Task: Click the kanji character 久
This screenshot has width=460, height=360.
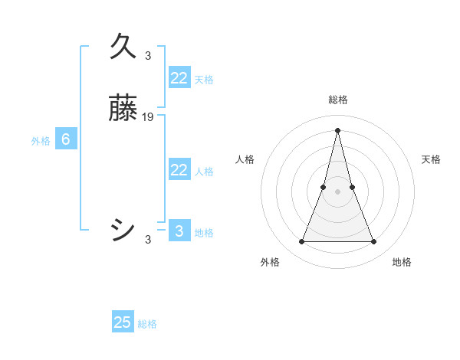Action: (123, 46)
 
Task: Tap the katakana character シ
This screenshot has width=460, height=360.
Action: (123, 229)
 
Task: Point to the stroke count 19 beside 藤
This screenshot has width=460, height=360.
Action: (148, 117)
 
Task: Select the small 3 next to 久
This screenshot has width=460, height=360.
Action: (148, 55)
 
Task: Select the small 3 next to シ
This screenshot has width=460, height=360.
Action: (148, 240)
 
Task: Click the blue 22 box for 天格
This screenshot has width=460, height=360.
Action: (179, 78)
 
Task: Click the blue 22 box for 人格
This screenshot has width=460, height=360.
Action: (179, 170)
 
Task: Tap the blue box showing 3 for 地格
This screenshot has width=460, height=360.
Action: (179, 231)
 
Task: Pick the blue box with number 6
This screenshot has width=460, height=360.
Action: (66, 139)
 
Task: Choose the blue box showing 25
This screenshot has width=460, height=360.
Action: (123, 322)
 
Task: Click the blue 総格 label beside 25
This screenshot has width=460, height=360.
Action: (147, 324)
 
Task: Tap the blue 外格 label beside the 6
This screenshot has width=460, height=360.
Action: (41, 141)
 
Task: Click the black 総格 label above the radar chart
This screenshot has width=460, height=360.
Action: (337, 100)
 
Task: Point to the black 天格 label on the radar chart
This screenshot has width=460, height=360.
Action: (432, 159)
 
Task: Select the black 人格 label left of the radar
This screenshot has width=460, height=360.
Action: (245, 159)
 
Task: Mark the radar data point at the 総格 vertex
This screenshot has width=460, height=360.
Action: (337, 129)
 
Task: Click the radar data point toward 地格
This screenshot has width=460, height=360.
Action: (374, 242)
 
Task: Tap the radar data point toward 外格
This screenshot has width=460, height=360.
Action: (301, 242)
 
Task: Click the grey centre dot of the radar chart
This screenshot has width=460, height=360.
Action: (337, 191)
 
